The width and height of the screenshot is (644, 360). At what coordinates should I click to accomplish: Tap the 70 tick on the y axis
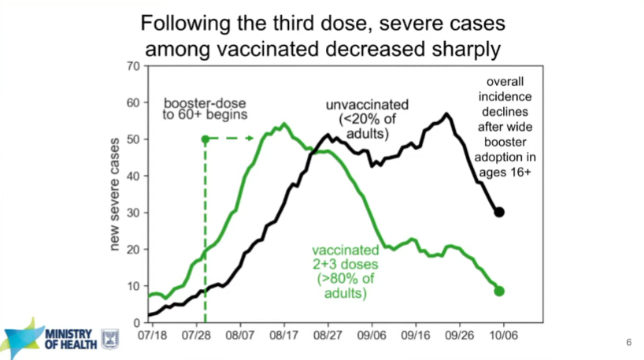click(135, 65)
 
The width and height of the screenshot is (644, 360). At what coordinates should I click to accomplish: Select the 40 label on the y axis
click(135, 176)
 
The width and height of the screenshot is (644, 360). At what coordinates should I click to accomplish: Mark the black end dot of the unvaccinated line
click(499, 212)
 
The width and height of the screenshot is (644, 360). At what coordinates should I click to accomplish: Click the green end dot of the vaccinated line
click(498, 291)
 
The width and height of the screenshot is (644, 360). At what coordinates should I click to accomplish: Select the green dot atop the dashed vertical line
click(205, 139)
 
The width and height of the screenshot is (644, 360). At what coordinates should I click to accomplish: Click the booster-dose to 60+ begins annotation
click(206, 108)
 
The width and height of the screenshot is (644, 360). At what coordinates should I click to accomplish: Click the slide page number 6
click(629, 342)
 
